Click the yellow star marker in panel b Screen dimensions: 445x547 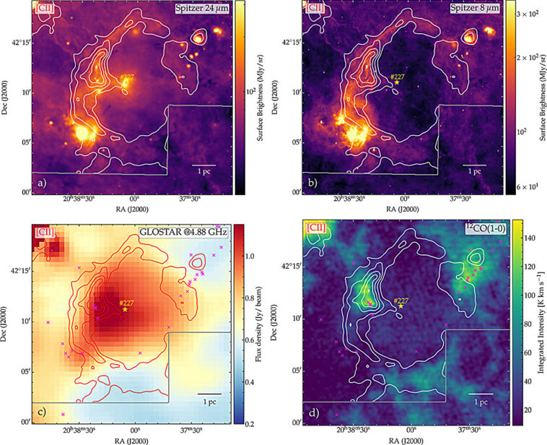(x=396, y=82)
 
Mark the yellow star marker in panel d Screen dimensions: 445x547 (x=401, y=306)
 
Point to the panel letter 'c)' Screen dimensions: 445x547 (x=41, y=412)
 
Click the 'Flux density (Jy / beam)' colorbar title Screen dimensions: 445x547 (x=268, y=325)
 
